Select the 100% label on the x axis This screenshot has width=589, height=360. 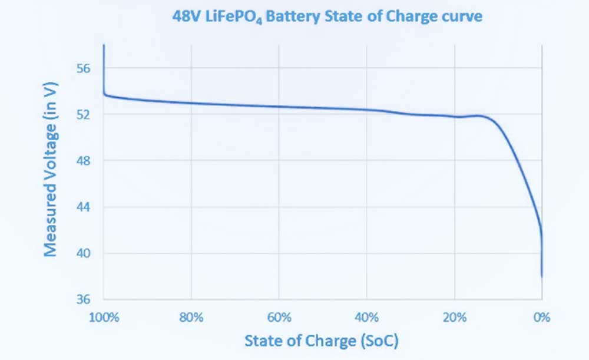click(104, 318)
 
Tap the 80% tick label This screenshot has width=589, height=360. click(191, 318)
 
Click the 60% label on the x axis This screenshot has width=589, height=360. click(279, 318)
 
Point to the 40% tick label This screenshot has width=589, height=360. click(366, 318)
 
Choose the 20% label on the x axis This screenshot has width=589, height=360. click(454, 318)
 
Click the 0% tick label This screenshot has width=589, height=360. click(542, 318)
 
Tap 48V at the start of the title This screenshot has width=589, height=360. click(184, 17)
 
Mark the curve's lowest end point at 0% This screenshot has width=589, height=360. click(542, 276)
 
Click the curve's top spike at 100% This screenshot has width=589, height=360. click(104, 46)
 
